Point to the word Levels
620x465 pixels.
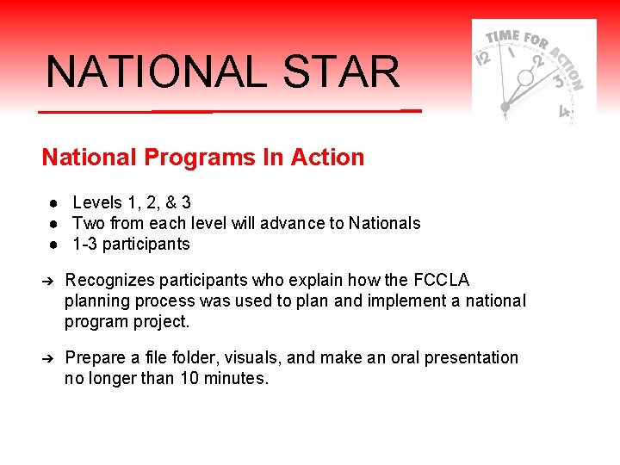pyautogui.click(x=97, y=203)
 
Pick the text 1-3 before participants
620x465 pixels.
pyautogui.click(x=84, y=244)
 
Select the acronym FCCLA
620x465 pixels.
pyautogui.click(x=442, y=281)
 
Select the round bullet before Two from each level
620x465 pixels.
pyautogui.click(x=53, y=224)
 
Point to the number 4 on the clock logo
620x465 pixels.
pyautogui.click(x=564, y=112)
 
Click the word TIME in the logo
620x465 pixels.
pyautogui.click(x=503, y=38)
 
